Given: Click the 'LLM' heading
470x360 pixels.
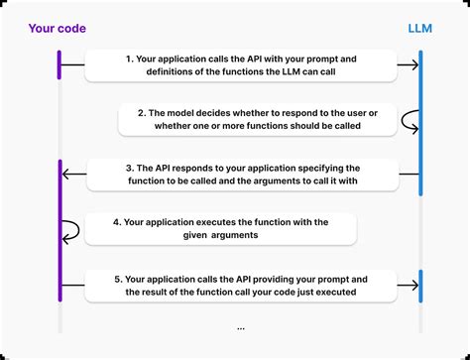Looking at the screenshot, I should (x=420, y=29).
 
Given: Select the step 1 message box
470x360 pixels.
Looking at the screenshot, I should (x=241, y=65).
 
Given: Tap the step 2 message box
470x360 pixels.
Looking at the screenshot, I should (x=255, y=120).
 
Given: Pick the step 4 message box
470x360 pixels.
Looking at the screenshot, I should (x=220, y=230).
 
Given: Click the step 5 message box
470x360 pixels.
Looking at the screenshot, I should (x=241, y=285).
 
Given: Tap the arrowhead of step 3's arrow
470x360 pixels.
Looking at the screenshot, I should (x=67, y=175).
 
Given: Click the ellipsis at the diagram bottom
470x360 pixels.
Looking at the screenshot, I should (x=241, y=327).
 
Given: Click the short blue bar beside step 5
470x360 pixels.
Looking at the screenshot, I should (x=420, y=286).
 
